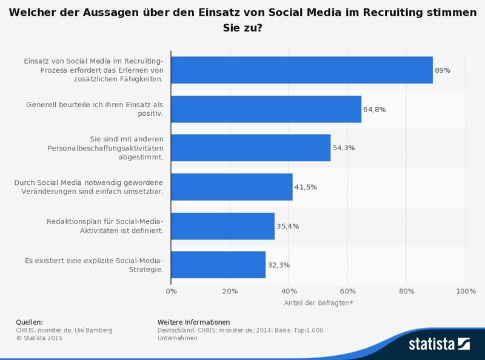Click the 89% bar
(x=302, y=70)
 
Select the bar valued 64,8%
(x=266, y=109)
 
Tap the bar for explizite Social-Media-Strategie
(x=218, y=265)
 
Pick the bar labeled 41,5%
(x=232, y=187)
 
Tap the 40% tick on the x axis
(x=289, y=292)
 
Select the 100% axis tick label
(x=465, y=292)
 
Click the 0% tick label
(x=171, y=292)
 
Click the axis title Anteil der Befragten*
(x=318, y=302)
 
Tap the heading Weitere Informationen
(x=193, y=322)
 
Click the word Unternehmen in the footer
(x=177, y=338)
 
